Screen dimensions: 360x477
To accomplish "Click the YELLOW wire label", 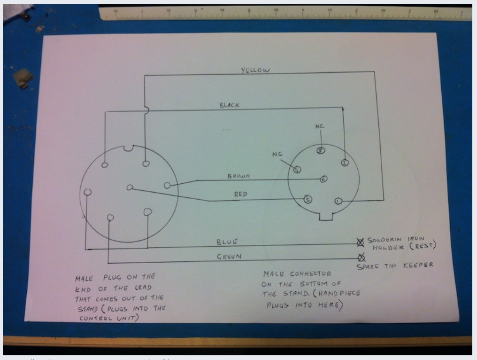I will click(255, 70).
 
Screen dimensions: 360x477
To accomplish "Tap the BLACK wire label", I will click(229, 106).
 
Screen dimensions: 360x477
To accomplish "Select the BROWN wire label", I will click(238, 176).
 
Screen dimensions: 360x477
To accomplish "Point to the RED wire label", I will click(241, 194).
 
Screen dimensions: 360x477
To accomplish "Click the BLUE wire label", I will click(227, 242).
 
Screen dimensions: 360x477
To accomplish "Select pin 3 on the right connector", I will click(321, 151).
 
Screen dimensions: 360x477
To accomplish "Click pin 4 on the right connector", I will click(297, 170).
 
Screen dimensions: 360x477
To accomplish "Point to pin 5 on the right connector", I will click(308, 199).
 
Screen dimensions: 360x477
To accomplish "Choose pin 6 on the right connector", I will click(323, 179).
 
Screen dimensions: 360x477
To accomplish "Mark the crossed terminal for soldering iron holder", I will click(360, 243).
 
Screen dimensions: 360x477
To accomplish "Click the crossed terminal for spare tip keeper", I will click(362, 257).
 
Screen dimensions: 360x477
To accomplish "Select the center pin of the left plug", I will click(130, 188).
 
